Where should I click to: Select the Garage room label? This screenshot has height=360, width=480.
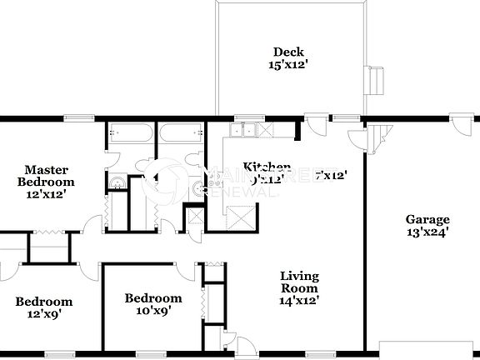pyautogui.click(x=427, y=220)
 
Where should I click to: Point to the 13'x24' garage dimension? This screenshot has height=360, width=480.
pyautogui.click(x=427, y=233)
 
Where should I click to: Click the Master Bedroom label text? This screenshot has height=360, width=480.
pyautogui.click(x=46, y=175)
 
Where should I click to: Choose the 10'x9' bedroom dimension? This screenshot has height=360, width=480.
pyautogui.click(x=152, y=312)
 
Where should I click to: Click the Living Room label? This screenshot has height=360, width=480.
pyautogui.click(x=298, y=282)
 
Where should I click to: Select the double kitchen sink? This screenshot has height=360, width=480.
pyautogui.click(x=247, y=130)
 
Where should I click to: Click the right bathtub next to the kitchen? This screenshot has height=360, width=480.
pyautogui.click(x=182, y=134)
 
